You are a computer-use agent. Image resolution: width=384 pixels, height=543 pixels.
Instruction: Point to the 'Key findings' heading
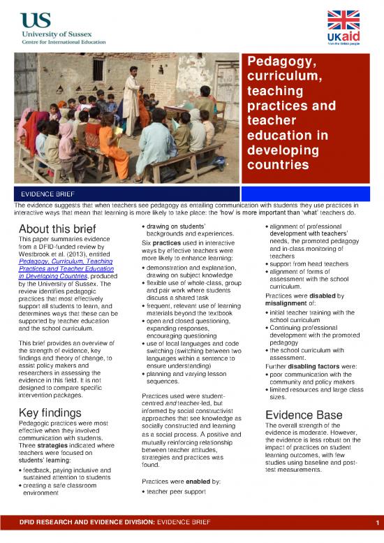point(52,412)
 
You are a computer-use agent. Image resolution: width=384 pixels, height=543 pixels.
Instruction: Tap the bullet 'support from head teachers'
point(310,263)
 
